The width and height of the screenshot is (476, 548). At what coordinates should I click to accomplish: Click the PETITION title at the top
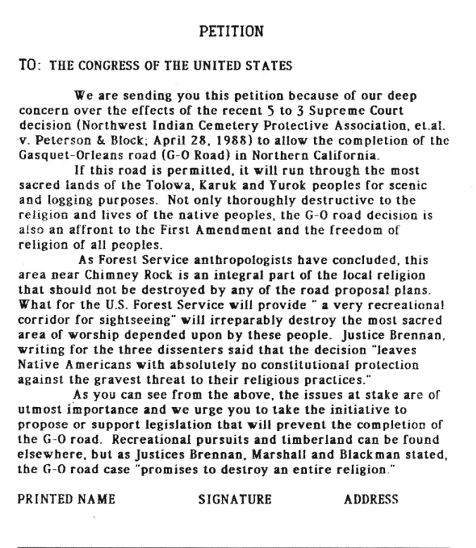pyautogui.click(x=232, y=32)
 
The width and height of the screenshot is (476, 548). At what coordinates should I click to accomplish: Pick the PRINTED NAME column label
pyautogui.click(x=66, y=499)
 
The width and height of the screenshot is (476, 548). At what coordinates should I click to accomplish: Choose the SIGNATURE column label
pyautogui.click(x=235, y=499)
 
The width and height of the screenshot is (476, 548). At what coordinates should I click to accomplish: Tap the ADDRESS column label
pyautogui.click(x=371, y=499)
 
